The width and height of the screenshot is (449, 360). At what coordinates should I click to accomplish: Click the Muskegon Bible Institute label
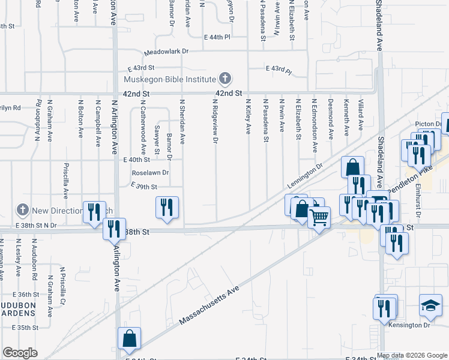tap(169, 79)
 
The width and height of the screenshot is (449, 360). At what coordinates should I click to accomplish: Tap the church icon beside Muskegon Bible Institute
tap(224, 79)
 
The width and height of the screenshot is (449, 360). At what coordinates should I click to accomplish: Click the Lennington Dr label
tap(306, 173)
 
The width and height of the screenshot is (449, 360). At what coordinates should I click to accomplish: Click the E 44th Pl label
tap(217, 37)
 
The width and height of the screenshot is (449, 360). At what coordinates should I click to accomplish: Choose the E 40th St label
tap(136, 160)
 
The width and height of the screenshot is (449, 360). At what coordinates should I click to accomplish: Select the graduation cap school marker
tap(430, 306)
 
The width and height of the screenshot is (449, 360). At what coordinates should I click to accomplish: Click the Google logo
tap(20, 352)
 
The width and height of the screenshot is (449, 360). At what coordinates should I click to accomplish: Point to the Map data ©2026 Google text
tap(412, 355)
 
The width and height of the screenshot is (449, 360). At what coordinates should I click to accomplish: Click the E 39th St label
tap(143, 187)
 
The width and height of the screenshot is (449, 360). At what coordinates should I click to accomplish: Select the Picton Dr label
tap(429, 124)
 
